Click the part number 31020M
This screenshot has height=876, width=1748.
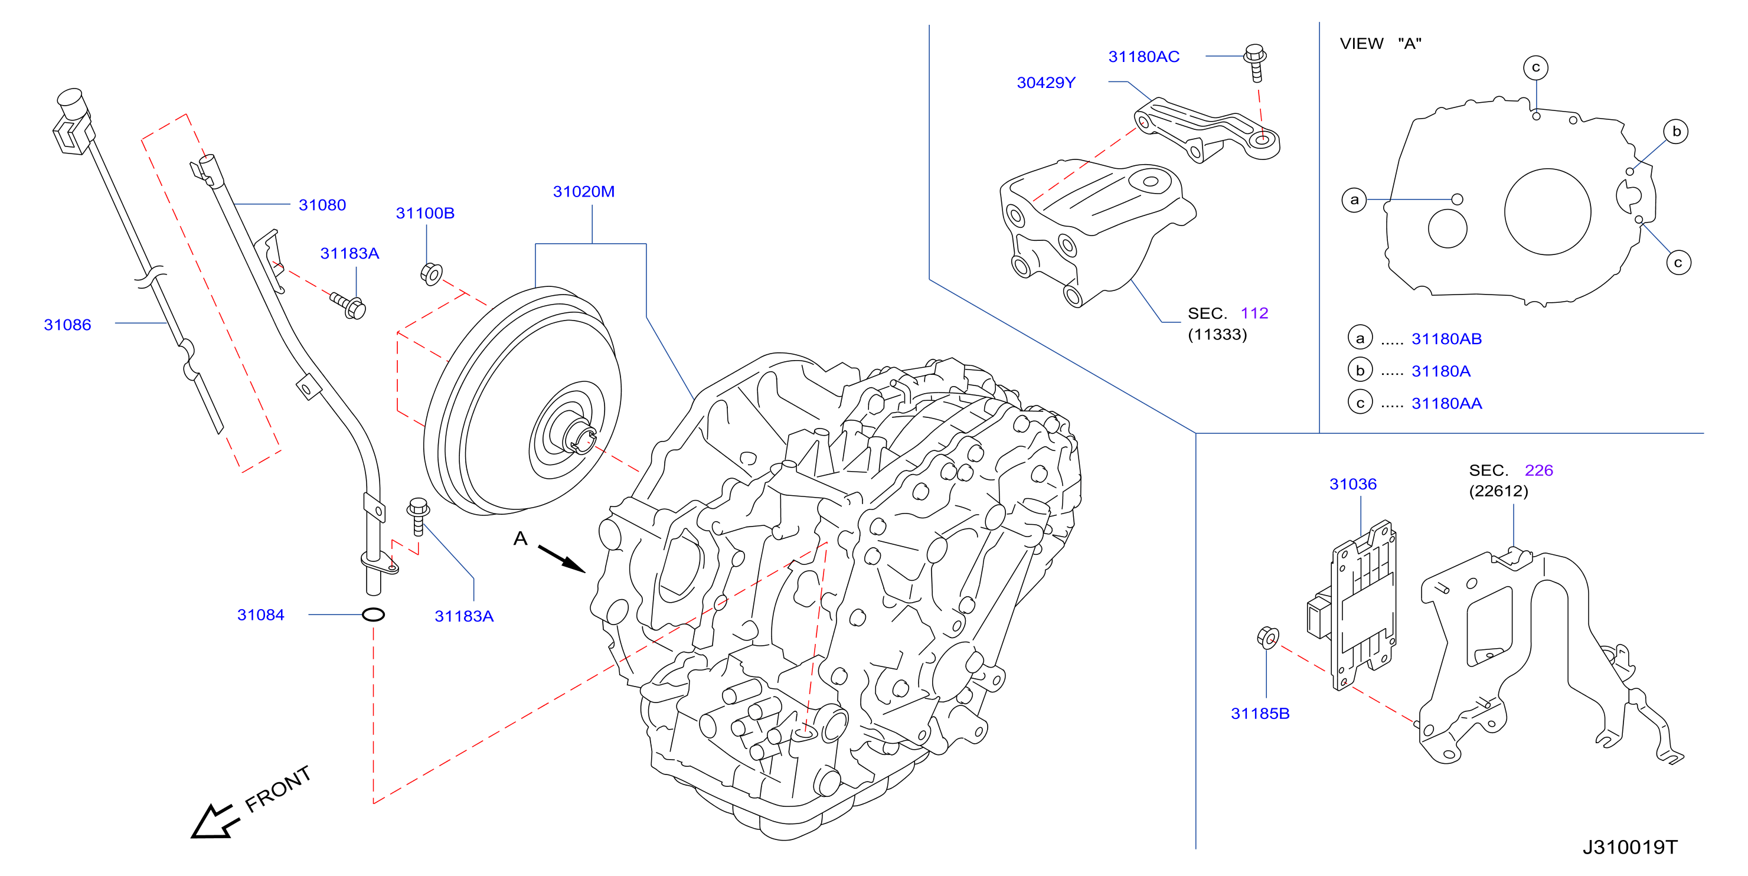(x=584, y=192)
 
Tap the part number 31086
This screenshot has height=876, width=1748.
(x=67, y=325)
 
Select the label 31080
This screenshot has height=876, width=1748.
(x=322, y=205)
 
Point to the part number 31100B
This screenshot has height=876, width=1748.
(x=425, y=213)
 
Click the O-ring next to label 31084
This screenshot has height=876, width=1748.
(x=373, y=614)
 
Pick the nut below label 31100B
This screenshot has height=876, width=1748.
(x=431, y=273)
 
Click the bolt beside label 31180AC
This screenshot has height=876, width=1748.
(x=1254, y=63)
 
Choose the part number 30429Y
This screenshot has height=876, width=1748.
(x=1045, y=83)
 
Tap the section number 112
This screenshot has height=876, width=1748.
(x=1254, y=313)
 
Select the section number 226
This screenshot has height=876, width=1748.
(x=1538, y=470)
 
